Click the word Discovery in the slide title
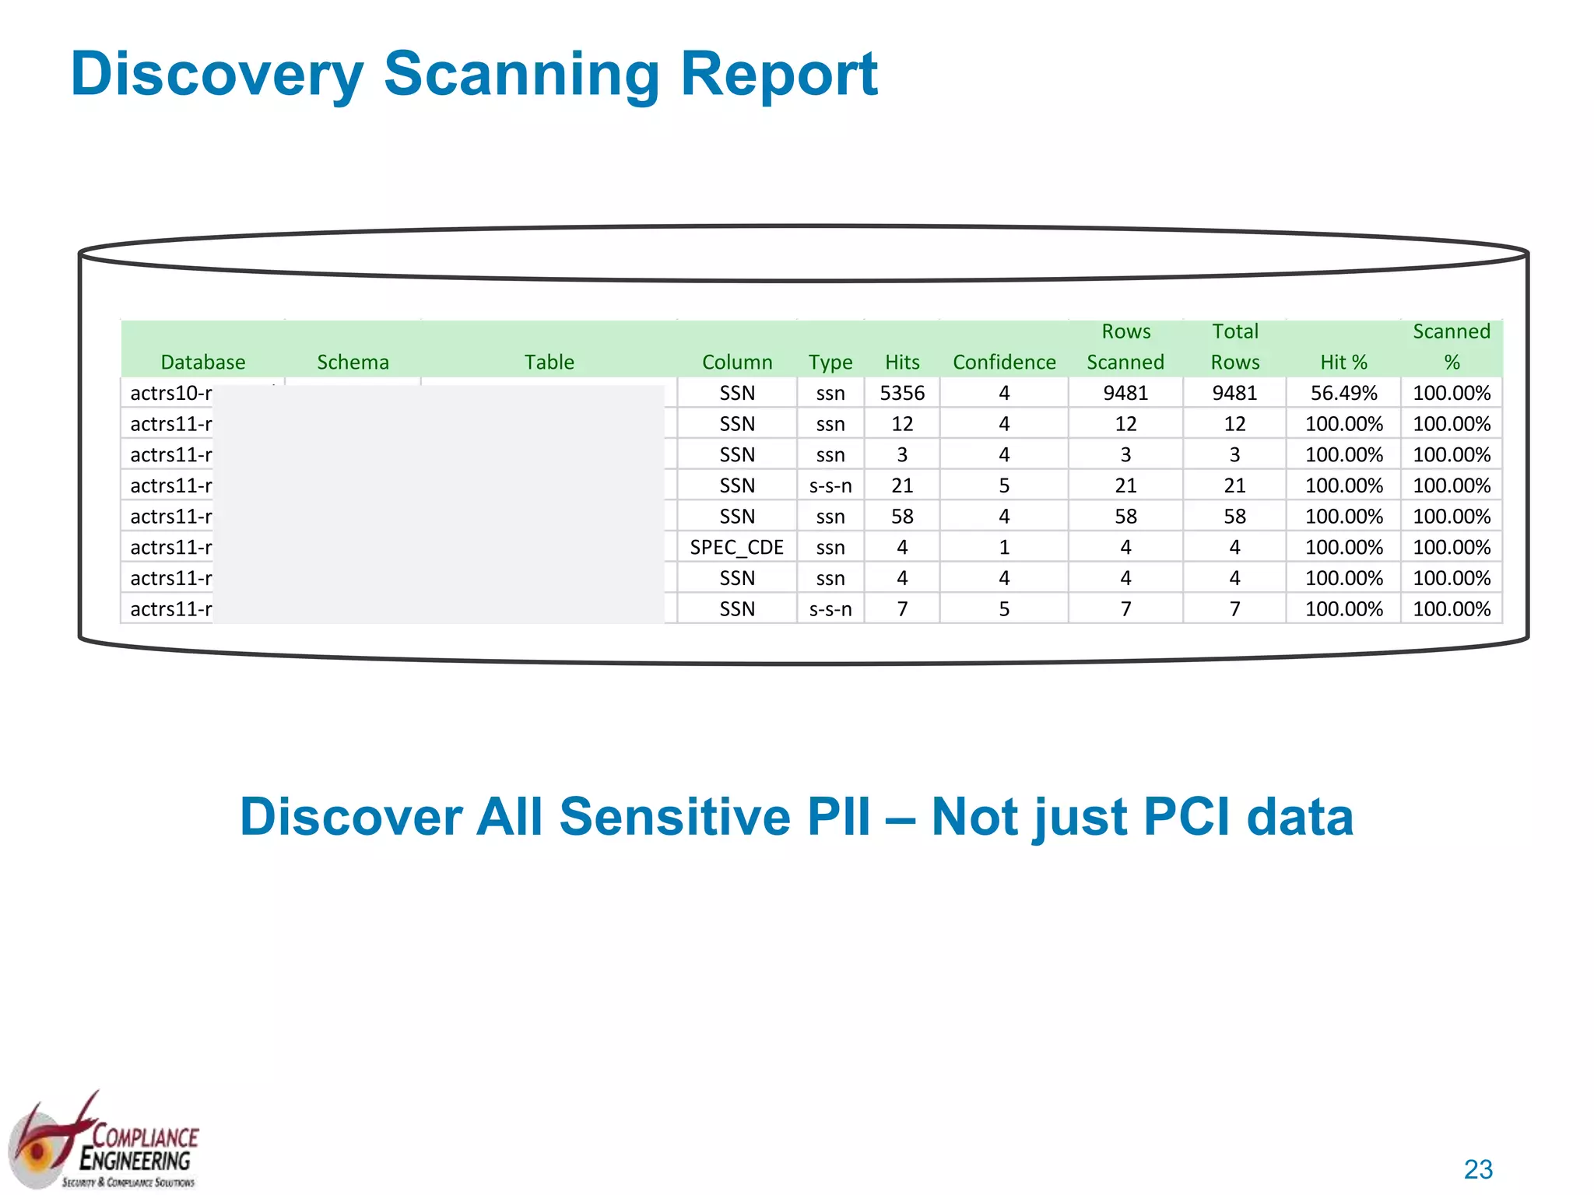(217, 75)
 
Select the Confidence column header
(1004, 363)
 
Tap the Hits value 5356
(902, 394)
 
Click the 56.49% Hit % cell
(1343, 394)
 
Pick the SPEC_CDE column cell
(736, 548)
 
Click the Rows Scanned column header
(1125, 347)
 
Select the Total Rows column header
(1235, 347)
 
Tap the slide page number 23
(1478, 1169)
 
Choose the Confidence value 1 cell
(1004, 548)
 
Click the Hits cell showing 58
(902, 517)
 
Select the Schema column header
(353, 363)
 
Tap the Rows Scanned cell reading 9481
(1125, 394)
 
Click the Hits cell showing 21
(902, 486)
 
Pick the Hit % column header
(1343, 363)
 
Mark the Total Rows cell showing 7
(1235, 609)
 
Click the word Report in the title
(779, 75)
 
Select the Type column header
(830, 363)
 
